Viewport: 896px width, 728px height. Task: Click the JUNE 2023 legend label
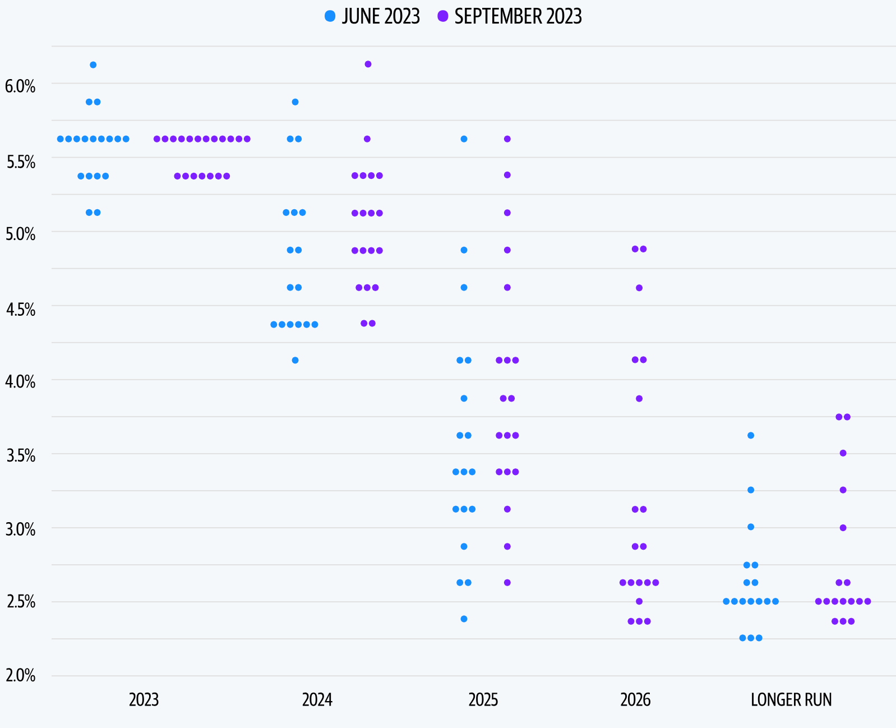point(381,17)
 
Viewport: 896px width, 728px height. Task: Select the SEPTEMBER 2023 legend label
point(518,17)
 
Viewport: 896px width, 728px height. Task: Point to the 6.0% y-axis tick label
point(20,86)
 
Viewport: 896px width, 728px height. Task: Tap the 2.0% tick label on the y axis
point(20,675)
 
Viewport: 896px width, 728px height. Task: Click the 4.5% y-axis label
point(20,309)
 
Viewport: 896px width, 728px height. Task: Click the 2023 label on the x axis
point(144,700)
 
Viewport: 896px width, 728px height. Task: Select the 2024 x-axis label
point(317,700)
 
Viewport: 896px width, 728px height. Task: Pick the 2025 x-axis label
point(483,700)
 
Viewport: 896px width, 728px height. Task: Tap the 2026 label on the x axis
point(635,700)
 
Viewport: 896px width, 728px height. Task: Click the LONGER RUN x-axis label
point(791,700)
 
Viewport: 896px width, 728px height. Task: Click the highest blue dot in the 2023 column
point(93,64)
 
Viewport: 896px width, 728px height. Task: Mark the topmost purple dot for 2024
point(368,64)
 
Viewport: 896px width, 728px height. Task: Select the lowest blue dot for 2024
point(295,360)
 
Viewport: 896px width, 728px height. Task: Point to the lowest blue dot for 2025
point(464,619)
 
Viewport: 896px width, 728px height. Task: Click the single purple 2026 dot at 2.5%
point(639,601)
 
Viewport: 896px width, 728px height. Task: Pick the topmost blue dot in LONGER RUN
point(751,435)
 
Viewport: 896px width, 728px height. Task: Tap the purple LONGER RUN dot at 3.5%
point(843,453)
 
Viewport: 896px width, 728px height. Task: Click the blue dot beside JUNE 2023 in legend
point(330,16)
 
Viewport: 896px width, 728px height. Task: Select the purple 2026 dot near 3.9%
point(639,399)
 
